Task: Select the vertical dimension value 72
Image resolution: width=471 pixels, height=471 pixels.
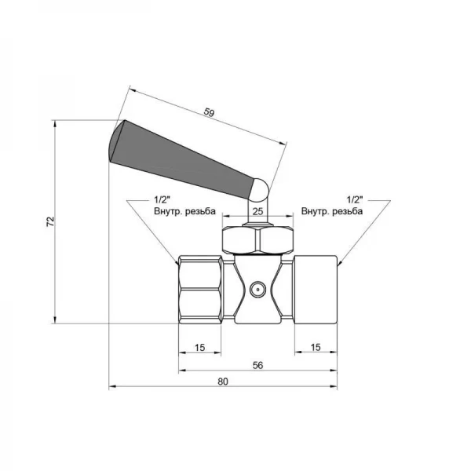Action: pos(49,222)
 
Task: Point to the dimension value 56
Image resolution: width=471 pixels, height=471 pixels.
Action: pos(235,365)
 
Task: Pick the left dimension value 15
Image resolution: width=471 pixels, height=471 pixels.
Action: pos(199,346)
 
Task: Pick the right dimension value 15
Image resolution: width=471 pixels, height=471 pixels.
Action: pos(315,346)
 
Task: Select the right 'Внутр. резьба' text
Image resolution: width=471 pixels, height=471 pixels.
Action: pos(332,211)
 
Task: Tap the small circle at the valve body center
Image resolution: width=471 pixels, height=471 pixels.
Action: pos(255,290)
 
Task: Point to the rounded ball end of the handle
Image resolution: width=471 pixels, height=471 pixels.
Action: pos(258,189)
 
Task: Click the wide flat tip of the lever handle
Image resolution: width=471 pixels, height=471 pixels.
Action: pos(117,141)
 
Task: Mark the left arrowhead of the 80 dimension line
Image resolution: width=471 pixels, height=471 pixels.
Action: pos(111,386)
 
